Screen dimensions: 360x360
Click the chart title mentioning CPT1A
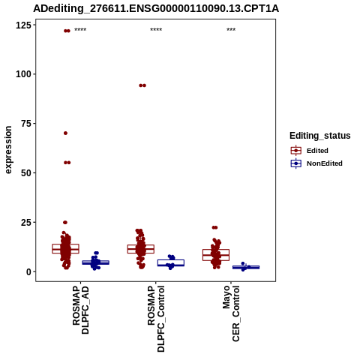[156, 9]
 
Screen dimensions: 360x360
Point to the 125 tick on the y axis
[24, 25]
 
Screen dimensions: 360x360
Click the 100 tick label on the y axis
[24, 74]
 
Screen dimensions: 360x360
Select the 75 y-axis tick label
[26, 124]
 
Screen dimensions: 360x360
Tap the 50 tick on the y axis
[26, 173]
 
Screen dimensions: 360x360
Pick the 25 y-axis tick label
[26, 222]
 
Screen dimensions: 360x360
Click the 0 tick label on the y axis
[29, 271]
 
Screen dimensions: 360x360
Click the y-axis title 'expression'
[8, 150]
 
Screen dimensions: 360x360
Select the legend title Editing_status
[320, 136]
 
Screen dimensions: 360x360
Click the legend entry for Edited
[309, 151]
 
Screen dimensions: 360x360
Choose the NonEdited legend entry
[316, 163]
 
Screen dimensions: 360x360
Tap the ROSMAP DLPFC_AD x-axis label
[81, 310]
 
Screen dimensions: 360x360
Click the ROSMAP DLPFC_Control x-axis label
[156, 319]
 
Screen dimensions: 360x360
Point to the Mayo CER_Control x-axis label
[231, 313]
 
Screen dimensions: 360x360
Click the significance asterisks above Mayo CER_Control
[231, 30]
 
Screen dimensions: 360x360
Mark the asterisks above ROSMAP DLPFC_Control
[156, 30]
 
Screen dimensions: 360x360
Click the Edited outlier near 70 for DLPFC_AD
[65, 133]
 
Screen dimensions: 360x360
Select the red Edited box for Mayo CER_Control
[216, 255]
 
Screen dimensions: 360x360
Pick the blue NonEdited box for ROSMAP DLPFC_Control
[171, 262]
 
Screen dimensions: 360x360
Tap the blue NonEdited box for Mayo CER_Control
[246, 267]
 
